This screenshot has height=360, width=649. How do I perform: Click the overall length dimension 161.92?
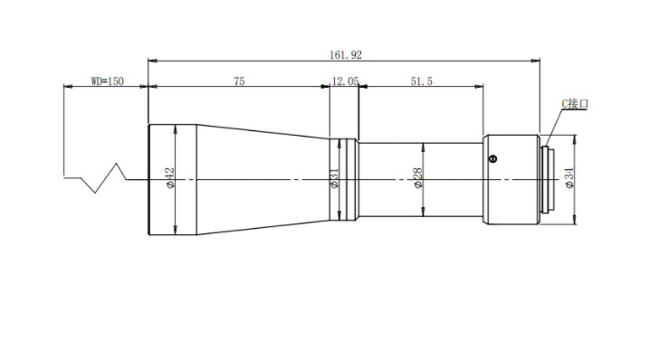pos(346,55)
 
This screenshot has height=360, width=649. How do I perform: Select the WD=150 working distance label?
pos(108,81)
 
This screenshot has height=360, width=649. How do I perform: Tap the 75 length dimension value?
pos(239,81)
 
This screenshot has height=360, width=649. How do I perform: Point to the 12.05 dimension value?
pos(345,81)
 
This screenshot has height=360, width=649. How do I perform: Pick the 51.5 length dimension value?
pos(422,81)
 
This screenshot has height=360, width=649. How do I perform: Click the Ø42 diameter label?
pos(170,178)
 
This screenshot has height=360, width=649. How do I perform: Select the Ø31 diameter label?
pos(335,178)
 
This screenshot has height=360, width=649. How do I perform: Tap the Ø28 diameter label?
pos(418,178)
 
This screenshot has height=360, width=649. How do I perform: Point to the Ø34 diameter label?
pos(570,178)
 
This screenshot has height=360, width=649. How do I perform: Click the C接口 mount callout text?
pos(575,103)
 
